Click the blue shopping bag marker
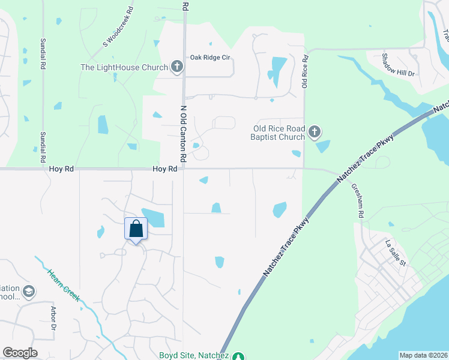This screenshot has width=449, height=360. pyautogui.click(x=136, y=229)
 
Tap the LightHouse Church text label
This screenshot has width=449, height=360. pyautogui.click(x=124, y=67)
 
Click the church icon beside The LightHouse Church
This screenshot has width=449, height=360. pyautogui.click(x=177, y=67)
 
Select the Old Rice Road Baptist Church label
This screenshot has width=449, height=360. pyautogui.click(x=279, y=132)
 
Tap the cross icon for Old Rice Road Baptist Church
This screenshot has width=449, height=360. pyautogui.click(x=313, y=132)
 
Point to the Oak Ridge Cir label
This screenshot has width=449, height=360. pyautogui.click(x=211, y=58)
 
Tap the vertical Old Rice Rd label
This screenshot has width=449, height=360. pyautogui.click(x=305, y=73)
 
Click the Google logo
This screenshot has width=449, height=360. pyautogui.click(x=20, y=353)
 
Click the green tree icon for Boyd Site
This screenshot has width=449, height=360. pyautogui.click(x=239, y=356)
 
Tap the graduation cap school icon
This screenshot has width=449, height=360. pyautogui.click(x=29, y=292)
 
